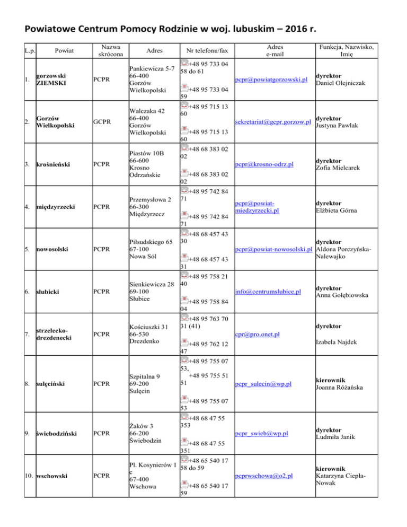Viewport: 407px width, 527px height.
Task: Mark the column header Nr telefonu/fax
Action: pyautogui.click(x=208, y=51)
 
